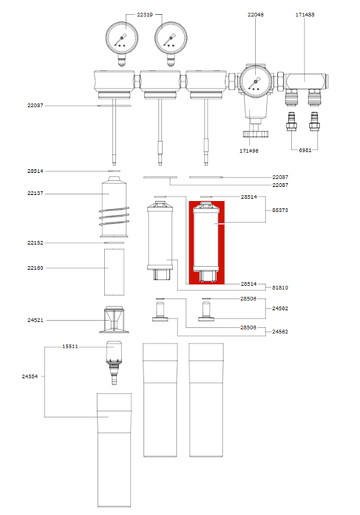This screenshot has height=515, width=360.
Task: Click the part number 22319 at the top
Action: point(145,14)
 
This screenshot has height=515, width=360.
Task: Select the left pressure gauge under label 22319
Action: point(121,43)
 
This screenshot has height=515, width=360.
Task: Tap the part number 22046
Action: point(255,14)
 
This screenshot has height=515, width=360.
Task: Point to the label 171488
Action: point(304,14)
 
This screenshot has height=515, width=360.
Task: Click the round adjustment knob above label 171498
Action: point(256,134)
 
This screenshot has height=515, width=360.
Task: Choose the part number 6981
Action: point(304,150)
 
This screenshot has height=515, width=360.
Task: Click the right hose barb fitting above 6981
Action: point(315,121)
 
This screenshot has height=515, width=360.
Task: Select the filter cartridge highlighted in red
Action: point(207,243)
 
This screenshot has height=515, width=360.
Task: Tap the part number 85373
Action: point(280,210)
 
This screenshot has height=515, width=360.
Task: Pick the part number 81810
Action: point(280,287)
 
